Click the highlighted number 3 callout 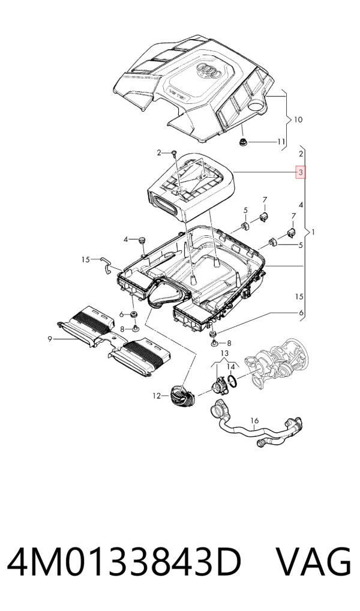pos(301,172)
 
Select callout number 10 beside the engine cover pos(298,119)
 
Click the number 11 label pos(281,142)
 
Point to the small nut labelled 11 pos(242,142)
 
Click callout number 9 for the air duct pos(50,339)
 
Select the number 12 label pos(157,396)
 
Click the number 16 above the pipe pos(254,421)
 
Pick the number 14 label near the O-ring pos(231,367)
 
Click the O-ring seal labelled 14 pos(232,382)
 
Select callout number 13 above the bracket pos(224,353)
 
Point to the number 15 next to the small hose pos(86,259)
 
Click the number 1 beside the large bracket pos(313,233)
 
